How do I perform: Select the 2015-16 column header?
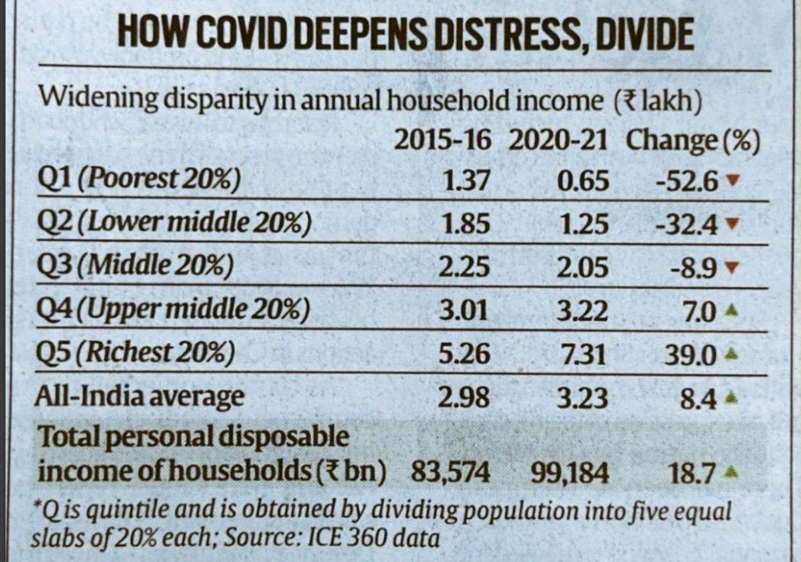[x=442, y=141]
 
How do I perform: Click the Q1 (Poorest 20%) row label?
[x=138, y=179]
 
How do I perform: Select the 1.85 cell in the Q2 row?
[x=466, y=224]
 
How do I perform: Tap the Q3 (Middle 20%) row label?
[x=134, y=266]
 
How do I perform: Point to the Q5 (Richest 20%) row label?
[x=135, y=353]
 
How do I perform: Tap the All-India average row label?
[x=139, y=396]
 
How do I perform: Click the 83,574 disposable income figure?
[x=450, y=473]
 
